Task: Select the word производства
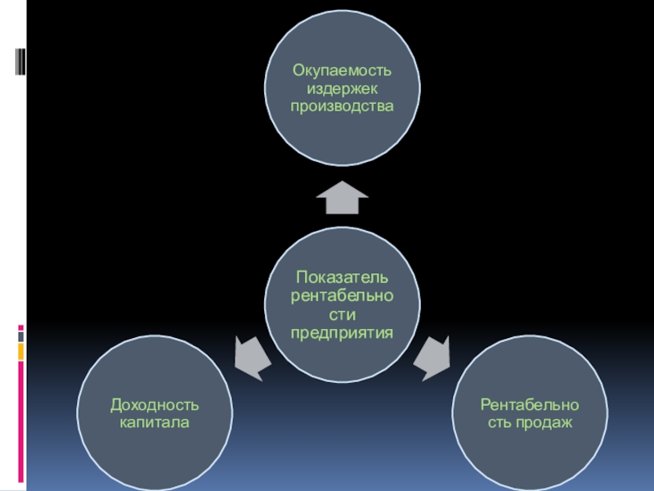point(342,107)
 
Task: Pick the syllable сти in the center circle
point(342,314)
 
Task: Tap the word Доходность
point(155,406)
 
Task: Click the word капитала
point(155,424)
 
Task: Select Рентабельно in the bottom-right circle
point(530,406)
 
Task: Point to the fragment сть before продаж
point(499,424)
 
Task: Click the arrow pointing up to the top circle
point(342,197)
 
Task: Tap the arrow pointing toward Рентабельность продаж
point(432,358)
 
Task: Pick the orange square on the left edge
point(21,351)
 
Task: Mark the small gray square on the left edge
point(21,336)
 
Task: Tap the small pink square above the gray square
point(21,327)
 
